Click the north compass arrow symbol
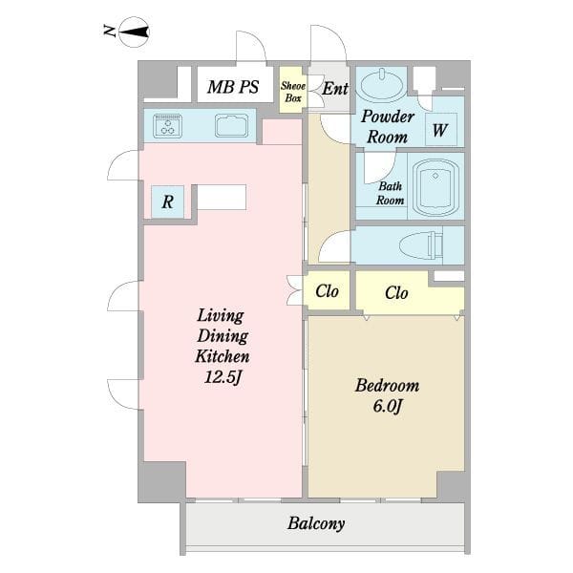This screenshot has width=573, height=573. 134,32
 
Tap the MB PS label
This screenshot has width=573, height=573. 233,87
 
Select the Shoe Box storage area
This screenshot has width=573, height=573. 293,90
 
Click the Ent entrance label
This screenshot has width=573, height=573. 335,89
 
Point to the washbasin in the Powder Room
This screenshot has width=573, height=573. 382,85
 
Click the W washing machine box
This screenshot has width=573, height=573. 441,130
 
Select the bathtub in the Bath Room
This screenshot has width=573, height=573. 435,188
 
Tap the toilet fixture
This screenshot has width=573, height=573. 421,244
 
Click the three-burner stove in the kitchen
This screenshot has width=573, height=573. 168,126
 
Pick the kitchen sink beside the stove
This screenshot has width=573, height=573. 231,126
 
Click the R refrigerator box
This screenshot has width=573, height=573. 168,202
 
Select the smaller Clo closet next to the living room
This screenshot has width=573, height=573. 327,291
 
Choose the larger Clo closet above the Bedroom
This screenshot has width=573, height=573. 410,292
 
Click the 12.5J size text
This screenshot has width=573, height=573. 223,377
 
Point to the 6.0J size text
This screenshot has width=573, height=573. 388,406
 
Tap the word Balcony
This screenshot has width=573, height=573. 316,523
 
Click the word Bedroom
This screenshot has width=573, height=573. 388,386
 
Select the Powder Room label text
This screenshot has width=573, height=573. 388,126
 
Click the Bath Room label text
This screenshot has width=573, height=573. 391,193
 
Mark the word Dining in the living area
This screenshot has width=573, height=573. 223,336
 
